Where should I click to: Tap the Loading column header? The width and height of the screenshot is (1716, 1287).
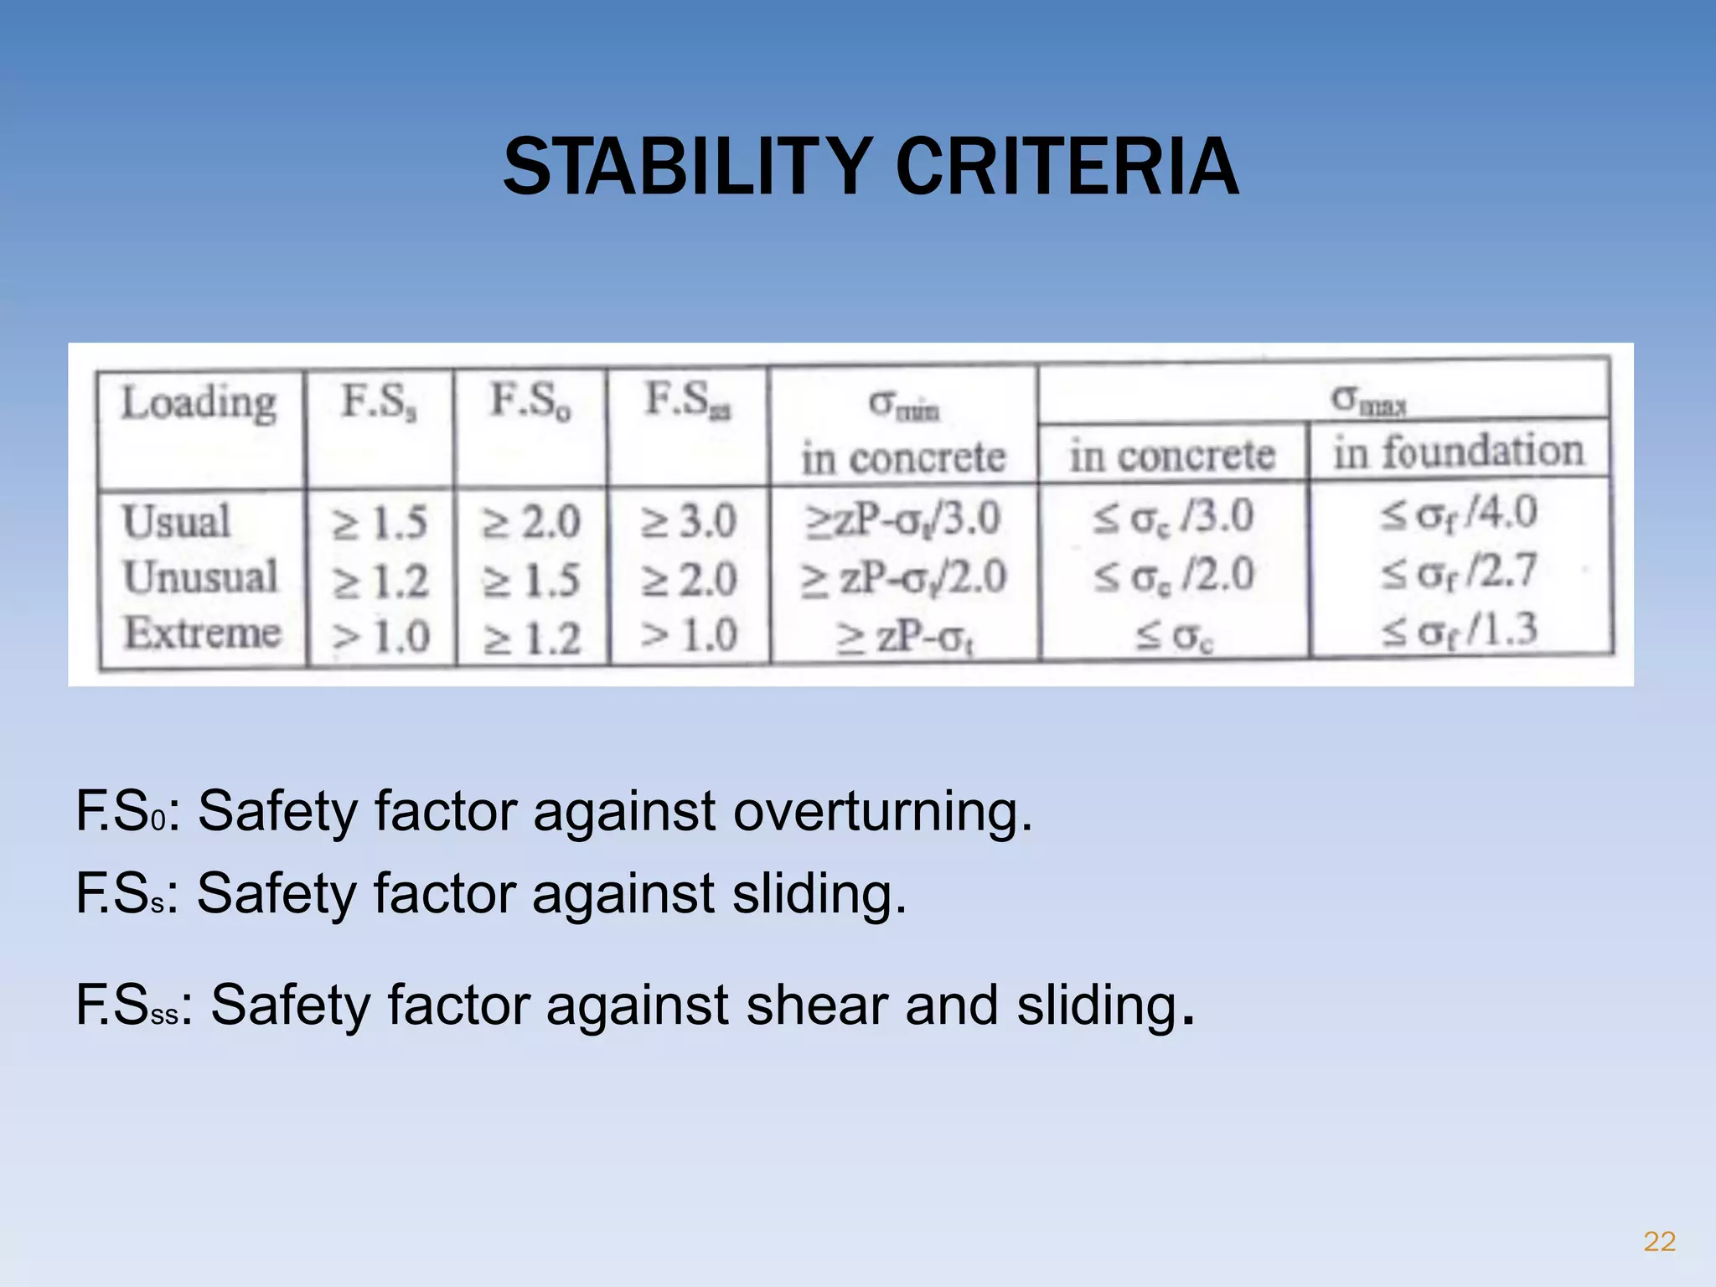click(x=199, y=403)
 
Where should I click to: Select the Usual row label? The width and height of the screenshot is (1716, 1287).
click(x=177, y=521)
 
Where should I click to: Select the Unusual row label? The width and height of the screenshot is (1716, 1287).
click(x=200, y=577)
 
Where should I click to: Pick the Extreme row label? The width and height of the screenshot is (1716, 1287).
click(x=202, y=633)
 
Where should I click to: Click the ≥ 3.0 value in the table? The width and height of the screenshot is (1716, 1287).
click(x=689, y=522)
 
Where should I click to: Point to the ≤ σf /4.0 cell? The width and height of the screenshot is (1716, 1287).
click(x=1460, y=513)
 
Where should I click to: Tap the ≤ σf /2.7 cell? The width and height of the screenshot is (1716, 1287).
click(x=1460, y=572)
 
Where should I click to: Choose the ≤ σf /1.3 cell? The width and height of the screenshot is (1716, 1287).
click(x=1460, y=630)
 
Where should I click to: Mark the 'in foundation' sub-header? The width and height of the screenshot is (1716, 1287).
click(x=1459, y=452)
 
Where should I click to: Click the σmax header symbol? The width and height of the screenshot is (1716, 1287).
click(x=1367, y=400)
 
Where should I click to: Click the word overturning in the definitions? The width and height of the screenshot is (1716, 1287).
click(x=882, y=811)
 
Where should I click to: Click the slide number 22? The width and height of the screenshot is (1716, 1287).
click(x=1659, y=1241)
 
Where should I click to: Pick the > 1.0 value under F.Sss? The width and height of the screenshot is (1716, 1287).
click(x=689, y=635)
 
